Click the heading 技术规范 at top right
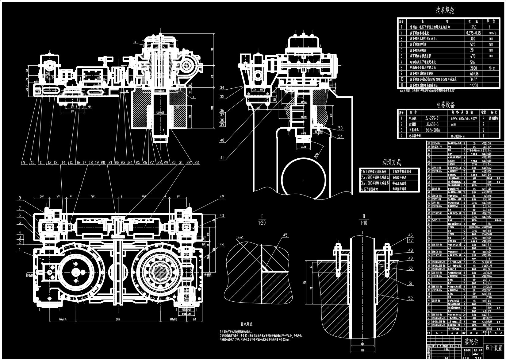445,10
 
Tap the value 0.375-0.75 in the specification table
473,33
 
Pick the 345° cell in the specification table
473,79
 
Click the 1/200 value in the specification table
473,85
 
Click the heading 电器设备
446,105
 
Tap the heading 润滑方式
391,162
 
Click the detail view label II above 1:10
364,217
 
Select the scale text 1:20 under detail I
262,223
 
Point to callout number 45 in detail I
285,235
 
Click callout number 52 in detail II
410,298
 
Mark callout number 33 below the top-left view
197,162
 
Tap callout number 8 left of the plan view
20,198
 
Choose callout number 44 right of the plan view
222,245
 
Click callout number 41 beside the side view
222,158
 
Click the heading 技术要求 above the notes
246,324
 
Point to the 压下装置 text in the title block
494,348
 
